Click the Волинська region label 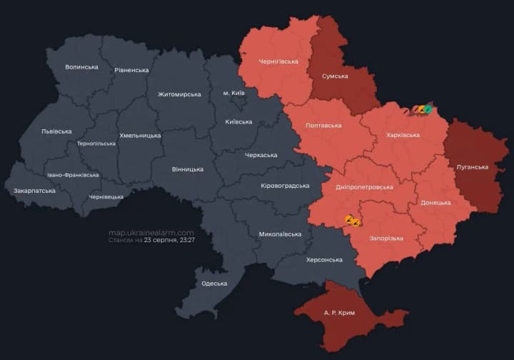coord(81,66)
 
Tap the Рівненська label coord(131,70)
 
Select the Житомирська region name coord(179,94)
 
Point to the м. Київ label coord(236,94)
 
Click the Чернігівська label coord(268,61)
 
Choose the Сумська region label coord(335,76)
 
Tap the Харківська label coord(403,134)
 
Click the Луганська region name coord(472,166)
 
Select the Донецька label coord(435,202)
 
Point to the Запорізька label coord(385,238)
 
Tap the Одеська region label coord(214,284)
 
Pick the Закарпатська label coord(34,191)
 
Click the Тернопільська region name coord(96,143)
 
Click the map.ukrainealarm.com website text coord(151,232)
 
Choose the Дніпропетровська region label coord(364,186)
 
